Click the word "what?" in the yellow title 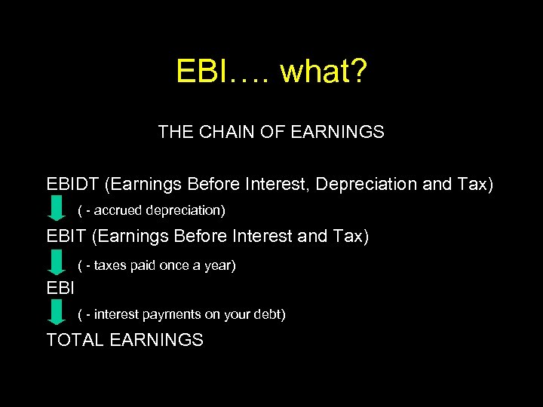click(x=324, y=72)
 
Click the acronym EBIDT click(x=73, y=184)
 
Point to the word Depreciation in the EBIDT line click(x=365, y=184)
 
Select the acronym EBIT click(x=66, y=237)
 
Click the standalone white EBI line click(x=60, y=287)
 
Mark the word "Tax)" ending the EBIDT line click(x=474, y=184)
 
